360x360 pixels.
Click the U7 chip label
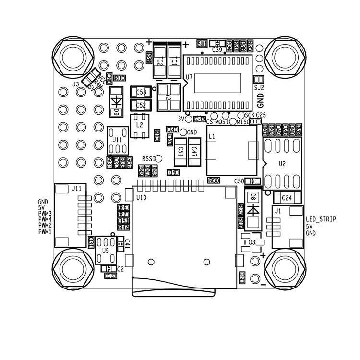click(x=189, y=77)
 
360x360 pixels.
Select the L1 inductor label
click(x=212, y=137)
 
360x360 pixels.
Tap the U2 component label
click(x=282, y=164)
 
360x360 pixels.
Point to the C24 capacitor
click(x=287, y=197)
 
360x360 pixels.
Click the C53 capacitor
click(x=141, y=92)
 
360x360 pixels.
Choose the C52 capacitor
click(x=141, y=104)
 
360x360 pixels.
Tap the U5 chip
click(x=106, y=250)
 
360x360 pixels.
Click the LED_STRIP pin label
click(x=321, y=219)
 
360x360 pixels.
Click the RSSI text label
click(x=148, y=158)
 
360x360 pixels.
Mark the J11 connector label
click(x=76, y=189)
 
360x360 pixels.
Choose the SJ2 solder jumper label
click(x=259, y=88)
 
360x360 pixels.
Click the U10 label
click(x=141, y=197)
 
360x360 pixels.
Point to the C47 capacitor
click(x=194, y=151)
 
